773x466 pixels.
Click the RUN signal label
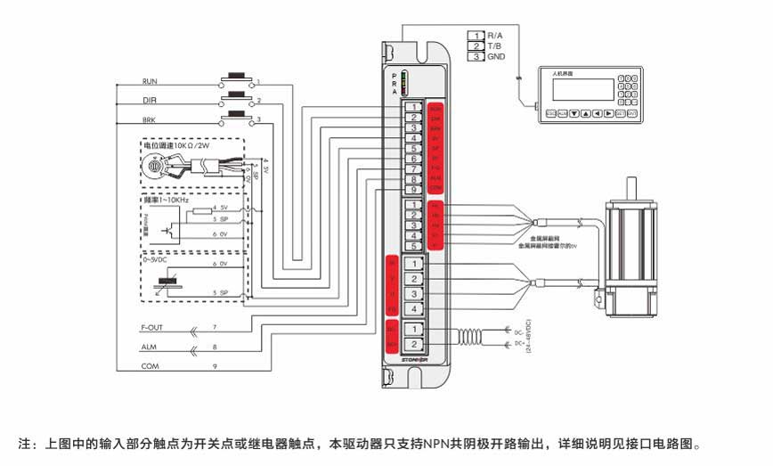point(151,80)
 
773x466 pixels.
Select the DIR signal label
point(151,101)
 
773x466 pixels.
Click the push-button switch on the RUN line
point(236,78)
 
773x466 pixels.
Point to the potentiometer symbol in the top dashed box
point(155,167)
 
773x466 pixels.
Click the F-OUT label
point(154,327)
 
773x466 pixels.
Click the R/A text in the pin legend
point(496,36)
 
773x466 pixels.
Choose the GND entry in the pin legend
point(496,56)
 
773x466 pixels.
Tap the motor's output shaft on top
point(631,188)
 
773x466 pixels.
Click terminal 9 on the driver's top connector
point(414,190)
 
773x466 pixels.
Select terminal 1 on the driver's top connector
point(414,107)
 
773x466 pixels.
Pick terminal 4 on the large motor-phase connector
point(414,309)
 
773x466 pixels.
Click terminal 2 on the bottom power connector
point(414,344)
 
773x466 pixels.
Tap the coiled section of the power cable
point(468,337)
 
